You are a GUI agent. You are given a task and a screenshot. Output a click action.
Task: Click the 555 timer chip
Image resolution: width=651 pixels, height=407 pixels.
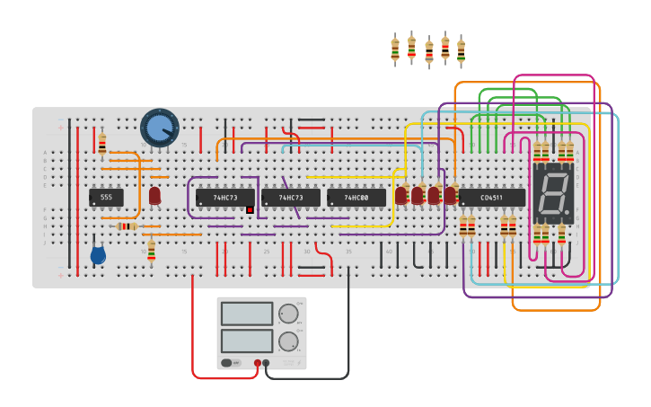[106, 197]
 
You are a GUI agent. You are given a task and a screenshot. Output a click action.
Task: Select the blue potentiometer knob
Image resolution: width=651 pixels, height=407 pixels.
[159, 128]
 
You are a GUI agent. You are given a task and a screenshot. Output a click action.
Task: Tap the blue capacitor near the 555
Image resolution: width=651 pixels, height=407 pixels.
[98, 255]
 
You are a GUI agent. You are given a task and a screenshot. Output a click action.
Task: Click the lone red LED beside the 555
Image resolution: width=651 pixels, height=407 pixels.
[154, 195]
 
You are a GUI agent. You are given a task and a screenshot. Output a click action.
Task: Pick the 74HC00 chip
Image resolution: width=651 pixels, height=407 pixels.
[356, 197]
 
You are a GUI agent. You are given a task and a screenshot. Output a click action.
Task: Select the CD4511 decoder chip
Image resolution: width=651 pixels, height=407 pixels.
[491, 197]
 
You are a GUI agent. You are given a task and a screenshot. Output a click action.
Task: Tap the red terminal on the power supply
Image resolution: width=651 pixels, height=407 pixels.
[258, 363]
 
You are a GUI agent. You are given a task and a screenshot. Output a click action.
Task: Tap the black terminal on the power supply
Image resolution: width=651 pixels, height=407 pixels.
[266, 363]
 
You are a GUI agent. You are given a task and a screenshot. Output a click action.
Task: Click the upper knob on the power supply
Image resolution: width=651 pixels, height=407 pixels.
[287, 314]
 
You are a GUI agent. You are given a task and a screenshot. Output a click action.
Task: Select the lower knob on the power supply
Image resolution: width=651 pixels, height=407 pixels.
[287, 341]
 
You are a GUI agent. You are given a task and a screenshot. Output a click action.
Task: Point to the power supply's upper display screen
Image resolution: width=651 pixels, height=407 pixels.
[247, 314]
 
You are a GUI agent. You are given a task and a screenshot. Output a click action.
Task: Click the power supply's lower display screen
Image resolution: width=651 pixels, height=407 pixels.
[247, 341]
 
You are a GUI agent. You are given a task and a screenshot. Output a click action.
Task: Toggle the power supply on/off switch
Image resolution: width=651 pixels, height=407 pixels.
[231, 363]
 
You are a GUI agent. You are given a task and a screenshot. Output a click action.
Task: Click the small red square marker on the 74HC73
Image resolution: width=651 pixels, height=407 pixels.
[250, 210]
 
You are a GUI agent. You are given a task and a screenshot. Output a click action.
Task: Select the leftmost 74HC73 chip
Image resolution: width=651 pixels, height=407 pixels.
[224, 197]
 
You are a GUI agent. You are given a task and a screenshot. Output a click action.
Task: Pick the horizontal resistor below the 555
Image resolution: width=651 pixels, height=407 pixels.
[127, 226]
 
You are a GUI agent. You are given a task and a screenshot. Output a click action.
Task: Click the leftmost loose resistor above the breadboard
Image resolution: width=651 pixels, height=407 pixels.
[395, 50]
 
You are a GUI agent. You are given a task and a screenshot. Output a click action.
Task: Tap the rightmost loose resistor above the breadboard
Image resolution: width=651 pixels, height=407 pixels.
[461, 52]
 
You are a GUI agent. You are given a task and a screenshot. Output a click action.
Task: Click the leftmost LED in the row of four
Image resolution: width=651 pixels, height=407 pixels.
[400, 195]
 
